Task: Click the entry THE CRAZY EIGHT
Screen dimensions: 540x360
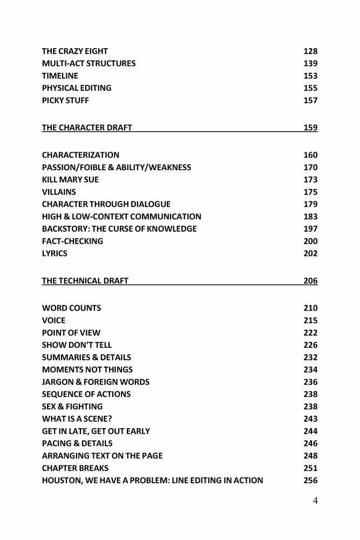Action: [74, 51]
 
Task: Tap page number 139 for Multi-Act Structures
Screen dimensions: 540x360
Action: [310, 64]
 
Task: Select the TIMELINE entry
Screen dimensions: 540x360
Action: [60, 76]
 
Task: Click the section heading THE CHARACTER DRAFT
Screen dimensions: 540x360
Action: [87, 128]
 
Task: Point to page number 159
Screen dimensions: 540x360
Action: [310, 128]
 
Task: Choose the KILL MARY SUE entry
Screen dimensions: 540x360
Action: [70, 180]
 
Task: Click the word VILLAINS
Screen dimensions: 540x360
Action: [59, 192]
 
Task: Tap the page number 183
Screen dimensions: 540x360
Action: [310, 217]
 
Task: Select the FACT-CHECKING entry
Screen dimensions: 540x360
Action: [72, 241]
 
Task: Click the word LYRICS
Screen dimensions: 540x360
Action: [55, 254]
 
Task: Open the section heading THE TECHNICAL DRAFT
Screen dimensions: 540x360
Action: [85, 281]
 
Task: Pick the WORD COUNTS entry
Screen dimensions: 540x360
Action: [71, 308]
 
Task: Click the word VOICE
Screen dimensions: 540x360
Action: [53, 321]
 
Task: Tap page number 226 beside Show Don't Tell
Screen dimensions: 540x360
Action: [310, 345]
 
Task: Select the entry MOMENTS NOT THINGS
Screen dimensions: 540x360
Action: [87, 370]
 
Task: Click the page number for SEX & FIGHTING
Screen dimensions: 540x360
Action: [310, 407]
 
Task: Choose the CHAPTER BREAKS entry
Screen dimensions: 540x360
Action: [75, 468]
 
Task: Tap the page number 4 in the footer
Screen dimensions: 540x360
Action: [315, 501]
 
